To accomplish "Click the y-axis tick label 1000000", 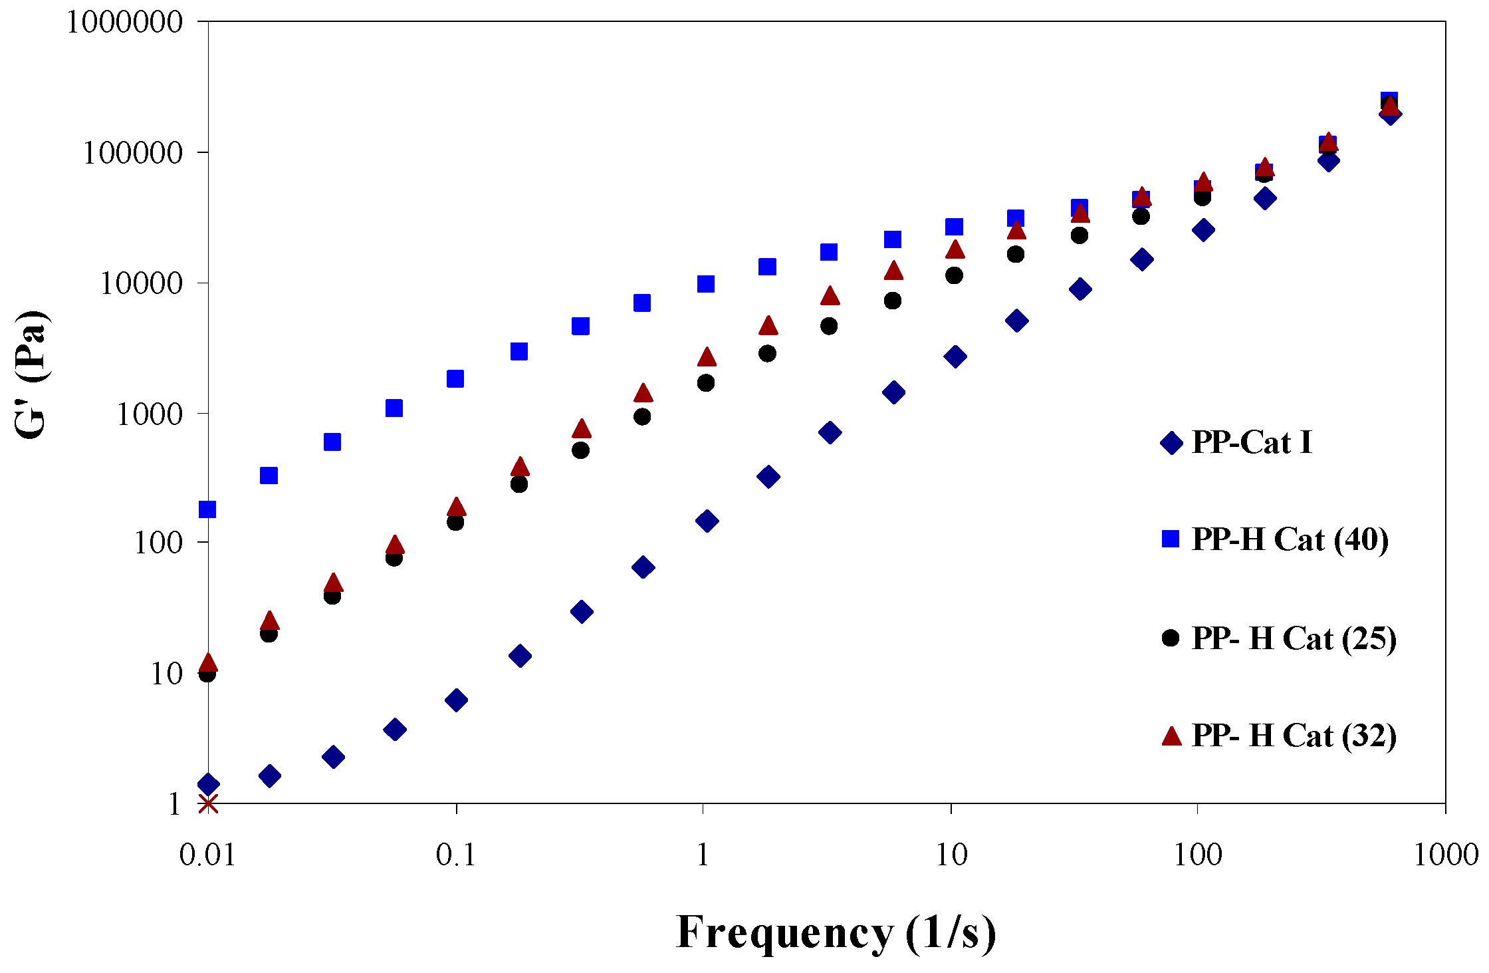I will [x=124, y=22].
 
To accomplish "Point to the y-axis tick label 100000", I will [x=132, y=153].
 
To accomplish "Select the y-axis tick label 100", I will [x=158, y=543].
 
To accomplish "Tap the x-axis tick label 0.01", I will [x=208, y=855].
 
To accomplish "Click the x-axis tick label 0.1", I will [x=456, y=855].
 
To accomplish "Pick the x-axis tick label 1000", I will [x=1445, y=855].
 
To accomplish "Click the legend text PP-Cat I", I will [x=1252, y=442].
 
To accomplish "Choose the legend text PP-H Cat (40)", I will [x=1290, y=539].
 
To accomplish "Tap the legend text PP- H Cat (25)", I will [x=1294, y=638].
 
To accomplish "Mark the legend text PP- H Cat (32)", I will [x=1294, y=736].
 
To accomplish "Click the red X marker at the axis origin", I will [x=208, y=804].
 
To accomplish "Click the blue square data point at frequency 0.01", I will [x=208, y=509].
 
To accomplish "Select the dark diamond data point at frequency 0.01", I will [x=209, y=784].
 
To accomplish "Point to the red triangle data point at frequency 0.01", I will [x=209, y=662].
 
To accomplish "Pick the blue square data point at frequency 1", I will [x=706, y=284].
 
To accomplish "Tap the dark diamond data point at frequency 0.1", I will [x=457, y=700].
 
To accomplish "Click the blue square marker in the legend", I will [x=1171, y=539].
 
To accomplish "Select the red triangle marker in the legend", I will [x=1171, y=736].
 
